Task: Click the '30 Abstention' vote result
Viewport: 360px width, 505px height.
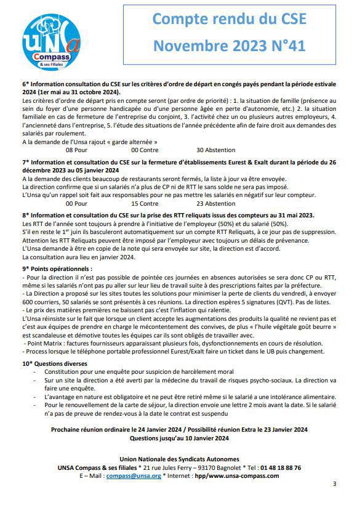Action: click(x=215, y=150)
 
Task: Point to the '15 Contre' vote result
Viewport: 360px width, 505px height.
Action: click(x=145, y=204)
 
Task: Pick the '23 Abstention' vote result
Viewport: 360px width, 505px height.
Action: click(x=215, y=204)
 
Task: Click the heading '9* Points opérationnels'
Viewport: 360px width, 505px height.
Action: click(x=57, y=269)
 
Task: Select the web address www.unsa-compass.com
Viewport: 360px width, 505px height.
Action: click(x=243, y=476)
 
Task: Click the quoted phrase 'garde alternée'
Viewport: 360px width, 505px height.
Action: click(x=134, y=142)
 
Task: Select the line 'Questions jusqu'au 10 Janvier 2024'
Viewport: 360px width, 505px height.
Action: click(x=180, y=438)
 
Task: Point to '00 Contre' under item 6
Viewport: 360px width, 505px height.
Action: click(x=145, y=150)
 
